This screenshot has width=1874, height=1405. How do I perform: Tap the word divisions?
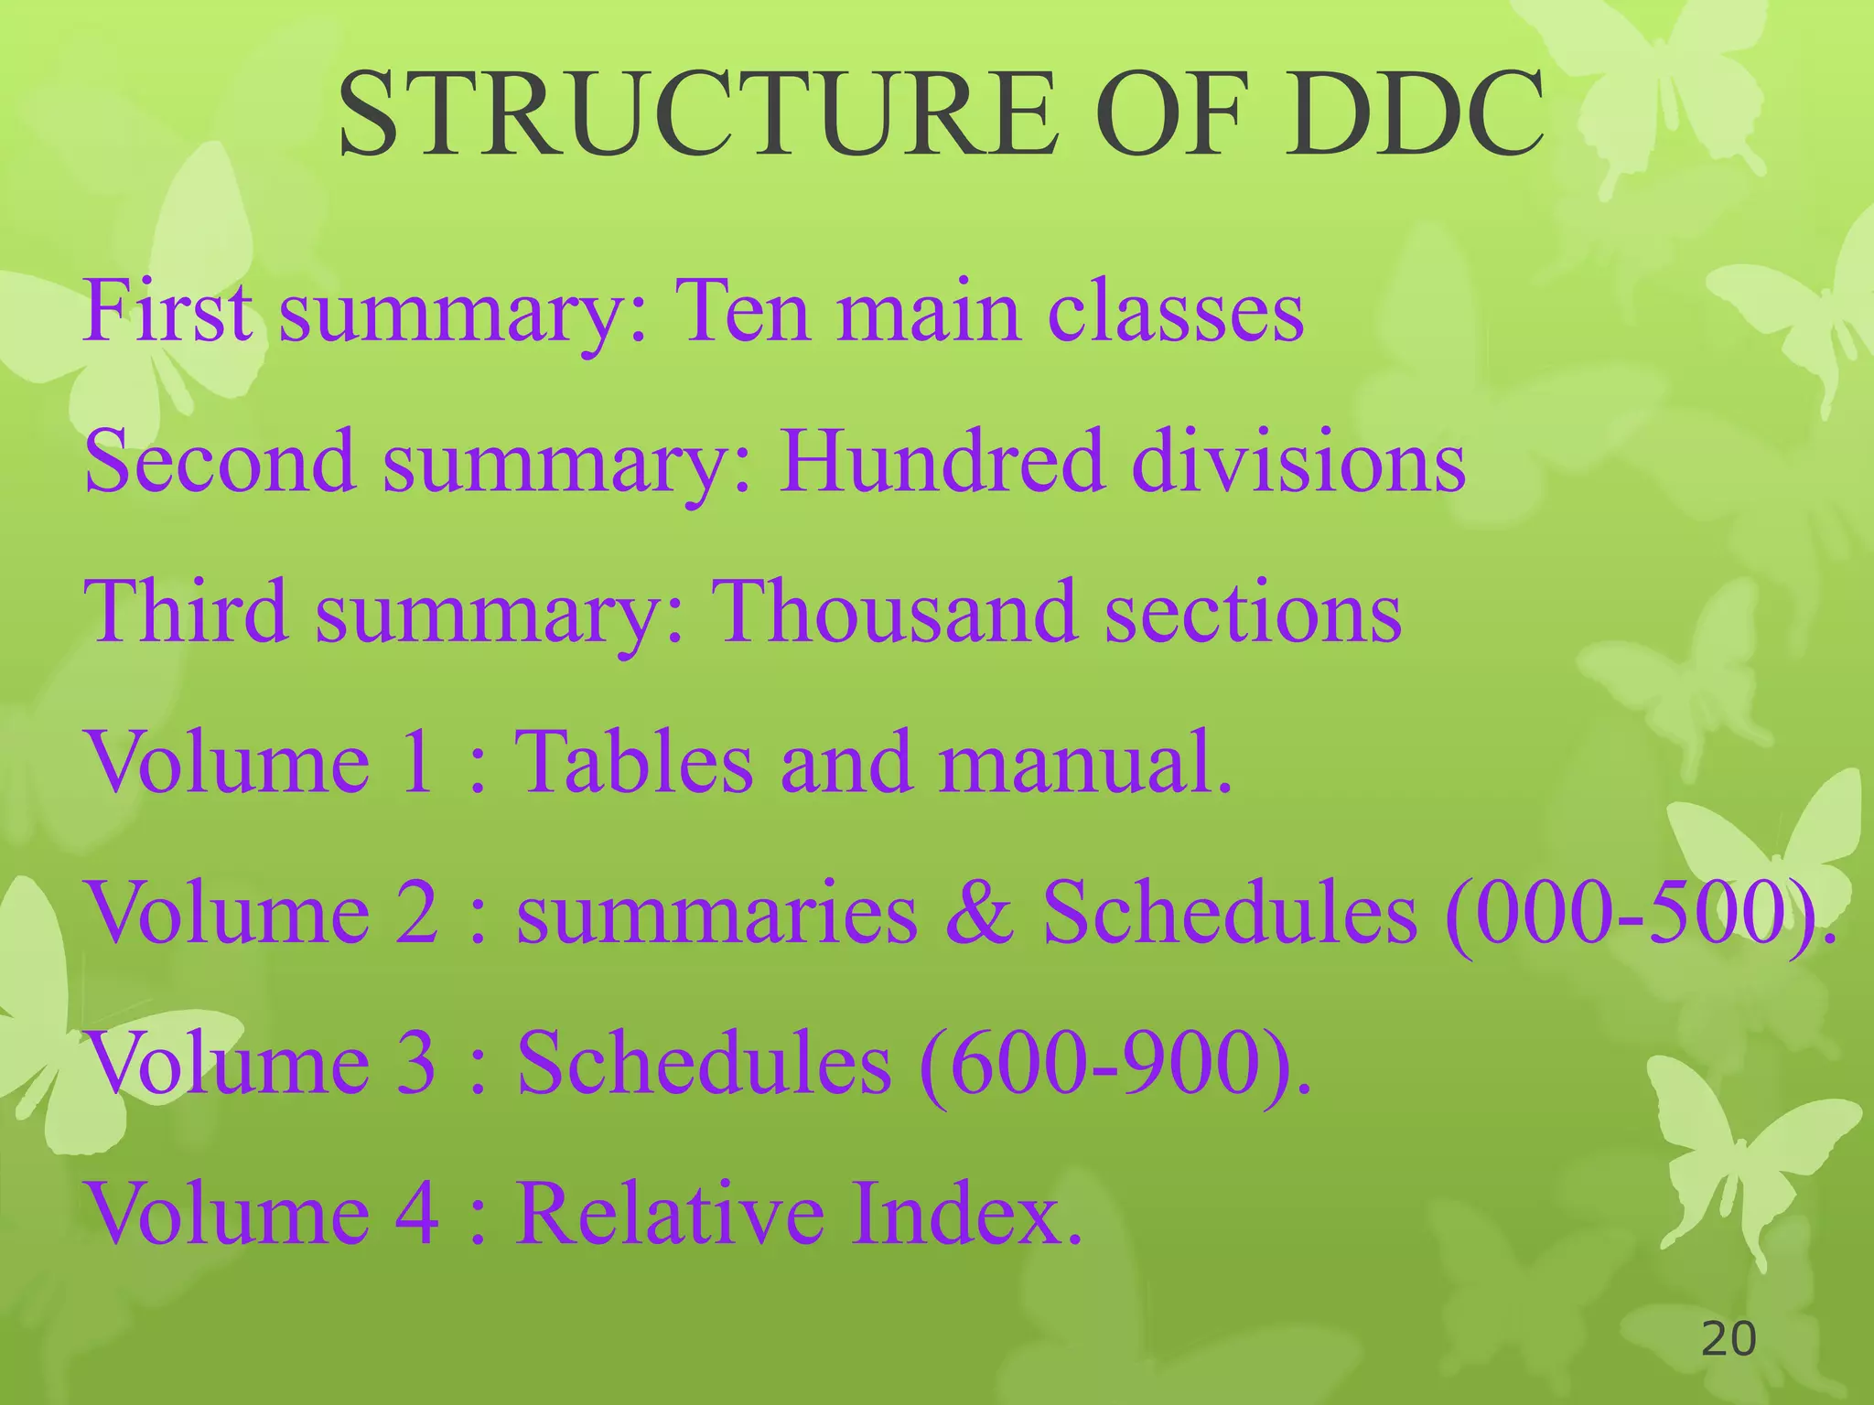pyautogui.click(x=1298, y=461)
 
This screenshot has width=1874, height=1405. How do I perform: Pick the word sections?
pyautogui.click(x=1253, y=611)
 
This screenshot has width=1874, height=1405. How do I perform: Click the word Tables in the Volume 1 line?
pyautogui.click(x=634, y=761)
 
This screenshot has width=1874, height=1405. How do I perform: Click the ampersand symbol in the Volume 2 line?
pyautogui.click(x=980, y=913)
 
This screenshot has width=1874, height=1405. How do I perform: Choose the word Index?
pyautogui.click(x=966, y=1213)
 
